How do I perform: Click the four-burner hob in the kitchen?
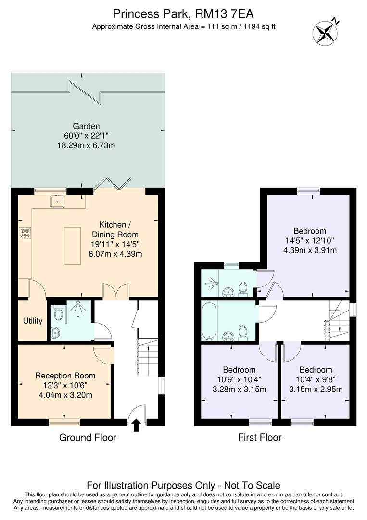click(x=25, y=233)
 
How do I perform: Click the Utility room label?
click(x=33, y=321)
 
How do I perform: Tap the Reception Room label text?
click(x=65, y=376)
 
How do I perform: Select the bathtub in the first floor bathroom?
click(x=210, y=321)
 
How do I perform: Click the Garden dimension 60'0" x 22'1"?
click(x=87, y=136)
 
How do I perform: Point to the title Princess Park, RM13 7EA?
click(x=183, y=13)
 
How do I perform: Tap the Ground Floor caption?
click(x=88, y=437)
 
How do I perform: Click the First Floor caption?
click(x=260, y=437)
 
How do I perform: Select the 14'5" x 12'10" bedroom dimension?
click(x=310, y=240)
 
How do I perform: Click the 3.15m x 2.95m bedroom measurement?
click(x=315, y=389)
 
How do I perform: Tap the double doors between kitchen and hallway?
click(x=116, y=291)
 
